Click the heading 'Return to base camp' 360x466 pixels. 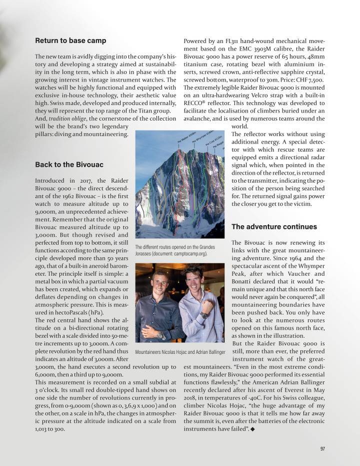coord(70,41)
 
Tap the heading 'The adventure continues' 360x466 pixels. coord(274,227)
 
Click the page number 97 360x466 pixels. coord(322,448)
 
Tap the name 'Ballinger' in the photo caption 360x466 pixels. coord(215,352)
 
